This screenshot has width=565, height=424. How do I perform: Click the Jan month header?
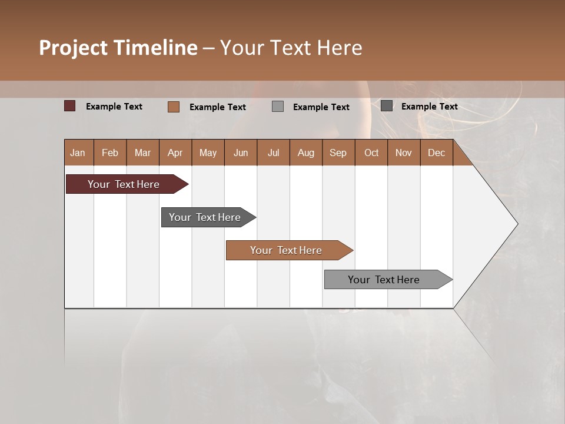[x=78, y=153]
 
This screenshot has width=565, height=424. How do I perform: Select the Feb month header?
[x=110, y=153]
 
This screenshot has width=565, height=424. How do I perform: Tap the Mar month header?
[x=142, y=153]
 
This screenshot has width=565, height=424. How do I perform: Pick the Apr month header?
[x=175, y=153]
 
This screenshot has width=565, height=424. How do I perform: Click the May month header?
[x=208, y=153]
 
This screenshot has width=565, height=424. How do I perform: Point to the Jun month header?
[x=241, y=153]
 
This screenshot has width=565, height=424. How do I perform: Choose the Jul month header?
[x=273, y=153]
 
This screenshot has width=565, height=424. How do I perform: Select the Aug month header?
[x=306, y=153]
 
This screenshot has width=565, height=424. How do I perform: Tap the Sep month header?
[x=338, y=153]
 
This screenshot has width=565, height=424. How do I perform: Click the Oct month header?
[x=371, y=153]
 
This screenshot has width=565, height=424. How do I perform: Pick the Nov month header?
[x=404, y=153]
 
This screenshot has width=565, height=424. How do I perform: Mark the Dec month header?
[x=437, y=153]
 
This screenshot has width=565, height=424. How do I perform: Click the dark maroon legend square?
[x=70, y=106]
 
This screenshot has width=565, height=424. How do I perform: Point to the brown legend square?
[x=174, y=107]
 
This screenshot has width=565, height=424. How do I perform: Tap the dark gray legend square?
[x=387, y=106]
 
